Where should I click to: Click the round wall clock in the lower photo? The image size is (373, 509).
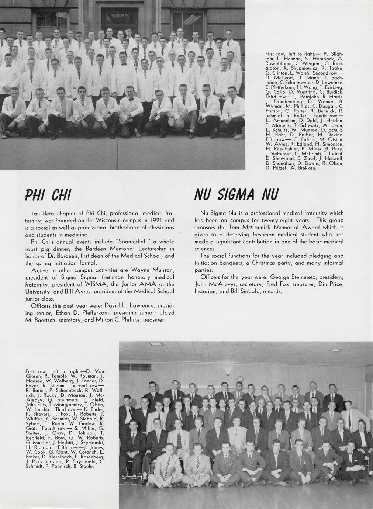click(240, 378)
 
